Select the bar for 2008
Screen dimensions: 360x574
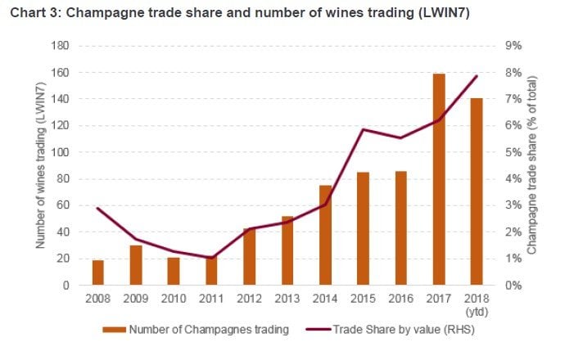(x=97, y=273)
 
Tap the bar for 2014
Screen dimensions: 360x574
(x=325, y=236)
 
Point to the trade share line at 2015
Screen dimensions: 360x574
(x=363, y=130)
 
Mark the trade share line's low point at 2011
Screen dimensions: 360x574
(x=211, y=259)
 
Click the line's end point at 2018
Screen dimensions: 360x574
(x=477, y=76)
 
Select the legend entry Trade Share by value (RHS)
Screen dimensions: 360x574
(x=393, y=331)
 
